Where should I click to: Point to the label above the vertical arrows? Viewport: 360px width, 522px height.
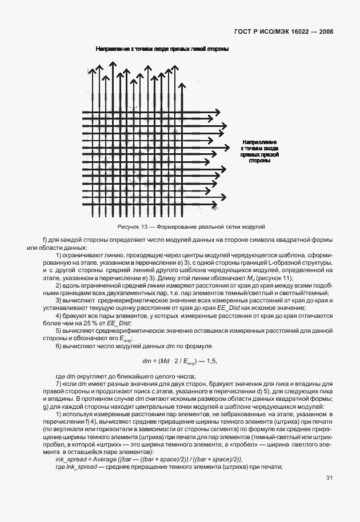point(162,50)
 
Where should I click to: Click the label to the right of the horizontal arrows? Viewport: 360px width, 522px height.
point(259,151)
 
